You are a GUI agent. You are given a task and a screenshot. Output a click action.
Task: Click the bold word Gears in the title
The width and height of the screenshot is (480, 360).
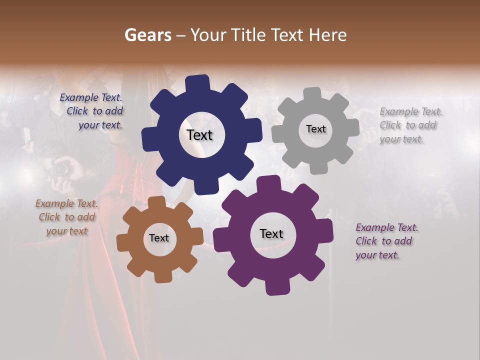[x=147, y=35]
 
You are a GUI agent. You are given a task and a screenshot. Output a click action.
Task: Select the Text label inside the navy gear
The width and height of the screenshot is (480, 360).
[x=199, y=135]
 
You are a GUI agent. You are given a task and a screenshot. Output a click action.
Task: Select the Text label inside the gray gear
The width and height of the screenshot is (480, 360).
[x=315, y=129]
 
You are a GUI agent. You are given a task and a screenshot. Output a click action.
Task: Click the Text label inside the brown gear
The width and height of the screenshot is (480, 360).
[x=159, y=238]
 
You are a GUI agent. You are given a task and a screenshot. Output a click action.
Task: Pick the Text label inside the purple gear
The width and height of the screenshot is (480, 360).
[x=271, y=233]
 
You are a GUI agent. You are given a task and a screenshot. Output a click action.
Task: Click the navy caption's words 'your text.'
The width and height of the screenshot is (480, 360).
[x=100, y=125]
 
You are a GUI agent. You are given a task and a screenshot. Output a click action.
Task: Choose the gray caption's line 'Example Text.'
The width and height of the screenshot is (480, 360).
[x=411, y=111]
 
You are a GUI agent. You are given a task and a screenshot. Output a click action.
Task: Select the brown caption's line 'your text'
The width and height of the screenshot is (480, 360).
[x=67, y=231]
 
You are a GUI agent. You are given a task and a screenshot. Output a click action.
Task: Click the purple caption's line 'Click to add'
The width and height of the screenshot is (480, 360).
[x=384, y=241]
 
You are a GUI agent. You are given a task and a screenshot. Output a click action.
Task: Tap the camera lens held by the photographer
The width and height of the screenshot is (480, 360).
[x=61, y=169]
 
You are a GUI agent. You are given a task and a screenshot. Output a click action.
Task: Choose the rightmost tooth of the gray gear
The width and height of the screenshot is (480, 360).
[x=352, y=127]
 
